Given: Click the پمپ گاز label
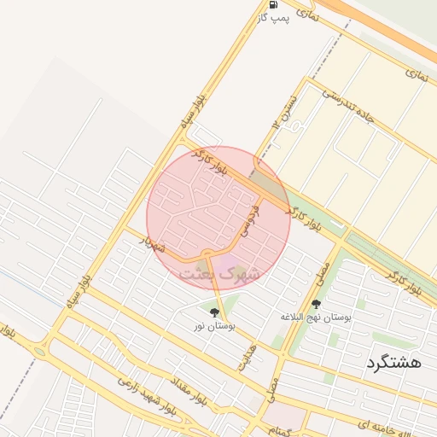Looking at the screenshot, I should (275, 19).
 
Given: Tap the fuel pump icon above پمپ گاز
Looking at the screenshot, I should (273, 5).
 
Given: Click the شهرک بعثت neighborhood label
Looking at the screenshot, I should (218, 274).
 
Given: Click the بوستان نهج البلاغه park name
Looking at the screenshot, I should (316, 317).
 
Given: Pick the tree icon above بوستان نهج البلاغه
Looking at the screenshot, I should (316, 304).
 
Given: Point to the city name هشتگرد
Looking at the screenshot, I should (393, 362).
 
